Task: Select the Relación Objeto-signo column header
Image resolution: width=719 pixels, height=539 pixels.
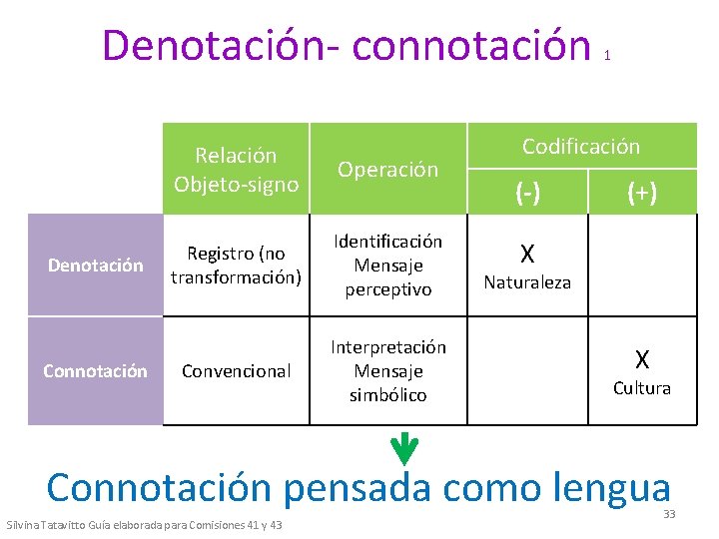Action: [236, 170]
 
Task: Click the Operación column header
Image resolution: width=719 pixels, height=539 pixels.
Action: [387, 170]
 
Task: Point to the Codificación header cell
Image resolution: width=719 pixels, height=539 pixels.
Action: [581, 147]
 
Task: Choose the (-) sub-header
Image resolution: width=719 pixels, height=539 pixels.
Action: [526, 192]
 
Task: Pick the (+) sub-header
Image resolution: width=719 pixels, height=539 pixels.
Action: [641, 192]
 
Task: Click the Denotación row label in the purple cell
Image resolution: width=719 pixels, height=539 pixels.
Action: [96, 266]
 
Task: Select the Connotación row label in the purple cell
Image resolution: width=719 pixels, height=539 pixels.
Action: [95, 371]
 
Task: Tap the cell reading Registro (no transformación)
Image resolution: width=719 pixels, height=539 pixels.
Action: [236, 266]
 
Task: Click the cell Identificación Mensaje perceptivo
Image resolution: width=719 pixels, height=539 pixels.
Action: [387, 266]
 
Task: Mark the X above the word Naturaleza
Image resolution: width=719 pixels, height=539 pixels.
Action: [527, 255]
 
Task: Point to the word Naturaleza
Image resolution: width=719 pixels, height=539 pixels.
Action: [527, 282]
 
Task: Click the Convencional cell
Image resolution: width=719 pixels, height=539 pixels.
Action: [236, 371]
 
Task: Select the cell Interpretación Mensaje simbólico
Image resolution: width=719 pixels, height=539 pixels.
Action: [387, 371]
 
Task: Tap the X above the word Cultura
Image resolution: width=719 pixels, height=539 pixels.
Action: [642, 359]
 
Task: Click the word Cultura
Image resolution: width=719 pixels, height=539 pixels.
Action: [642, 388]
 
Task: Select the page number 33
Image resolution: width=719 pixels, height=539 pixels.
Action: [669, 514]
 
